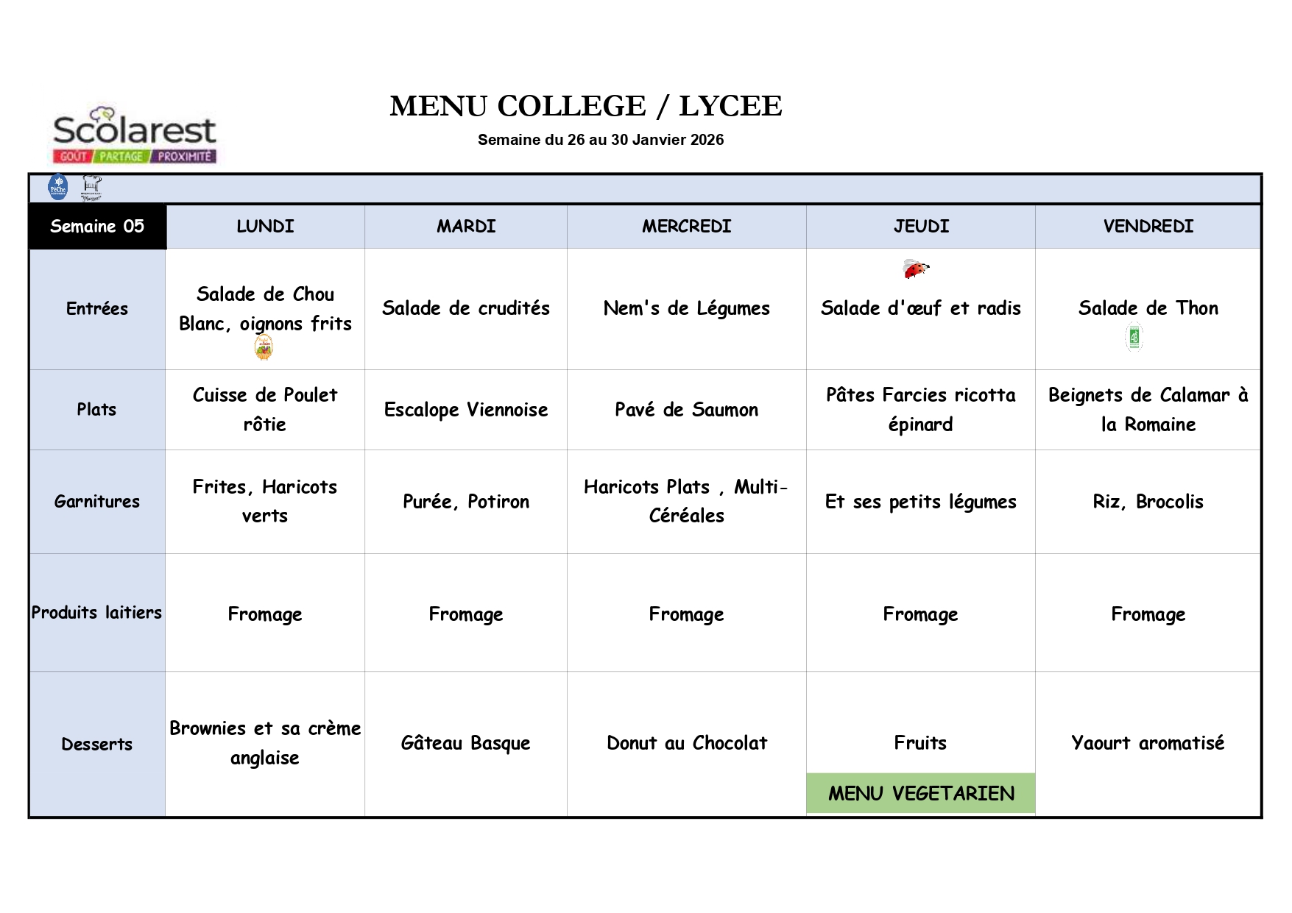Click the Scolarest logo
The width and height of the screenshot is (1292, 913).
pyautogui.click(x=135, y=135)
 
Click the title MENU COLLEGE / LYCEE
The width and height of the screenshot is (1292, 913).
pyautogui.click(x=585, y=106)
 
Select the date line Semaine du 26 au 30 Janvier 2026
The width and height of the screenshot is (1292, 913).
pyautogui.click(x=600, y=140)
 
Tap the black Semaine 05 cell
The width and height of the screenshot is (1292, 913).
pyautogui.click(x=97, y=227)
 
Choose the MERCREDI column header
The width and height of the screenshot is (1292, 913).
pyautogui.click(x=686, y=227)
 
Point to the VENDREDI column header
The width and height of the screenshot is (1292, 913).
pyautogui.click(x=1148, y=227)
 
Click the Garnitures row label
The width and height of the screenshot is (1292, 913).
pyautogui.click(x=97, y=502)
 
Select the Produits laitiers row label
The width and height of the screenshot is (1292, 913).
pyautogui.click(x=96, y=613)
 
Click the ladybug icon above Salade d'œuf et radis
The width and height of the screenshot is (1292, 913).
pyautogui.click(x=915, y=269)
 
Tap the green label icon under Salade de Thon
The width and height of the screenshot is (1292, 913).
pyautogui.click(x=1134, y=338)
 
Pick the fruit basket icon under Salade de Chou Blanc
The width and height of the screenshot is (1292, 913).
pyautogui.click(x=264, y=347)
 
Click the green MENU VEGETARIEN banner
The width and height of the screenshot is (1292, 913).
pyautogui.click(x=921, y=793)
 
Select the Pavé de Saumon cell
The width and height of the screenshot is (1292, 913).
pyautogui.click(x=686, y=410)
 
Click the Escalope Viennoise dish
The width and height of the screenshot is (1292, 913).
pyautogui.click(x=466, y=410)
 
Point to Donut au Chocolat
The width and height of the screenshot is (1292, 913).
pyautogui.click(x=686, y=743)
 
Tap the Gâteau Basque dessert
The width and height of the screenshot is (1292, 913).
pyautogui.click(x=465, y=743)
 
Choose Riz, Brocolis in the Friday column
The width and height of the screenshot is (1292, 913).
pyautogui.click(x=1148, y=502)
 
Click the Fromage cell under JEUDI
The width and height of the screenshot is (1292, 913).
pyautogui.click(x=920, y=614)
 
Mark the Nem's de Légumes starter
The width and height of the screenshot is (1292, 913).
pyautogui.click(x=686, y=308)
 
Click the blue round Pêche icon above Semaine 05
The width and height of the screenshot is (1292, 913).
pyautogui.click(x=57, y=188)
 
